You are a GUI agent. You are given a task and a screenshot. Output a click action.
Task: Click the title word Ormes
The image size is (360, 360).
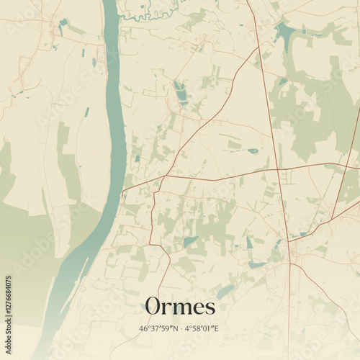(180, 307)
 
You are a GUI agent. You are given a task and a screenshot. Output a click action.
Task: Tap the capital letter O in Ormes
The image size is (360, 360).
(153, 307)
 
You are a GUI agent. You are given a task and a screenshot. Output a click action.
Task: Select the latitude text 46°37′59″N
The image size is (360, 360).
(158, 329)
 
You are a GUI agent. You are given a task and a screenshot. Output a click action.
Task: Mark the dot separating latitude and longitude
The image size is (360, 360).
(180, 329)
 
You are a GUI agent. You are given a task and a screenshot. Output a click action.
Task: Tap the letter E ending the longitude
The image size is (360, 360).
(216, 329)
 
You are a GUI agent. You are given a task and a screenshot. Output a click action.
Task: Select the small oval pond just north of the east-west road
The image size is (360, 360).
(253, 151)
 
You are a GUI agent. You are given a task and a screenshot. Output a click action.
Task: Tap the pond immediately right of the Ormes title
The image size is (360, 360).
(225, 292)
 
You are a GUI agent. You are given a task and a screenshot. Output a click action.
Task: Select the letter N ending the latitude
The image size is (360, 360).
(174, 329)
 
